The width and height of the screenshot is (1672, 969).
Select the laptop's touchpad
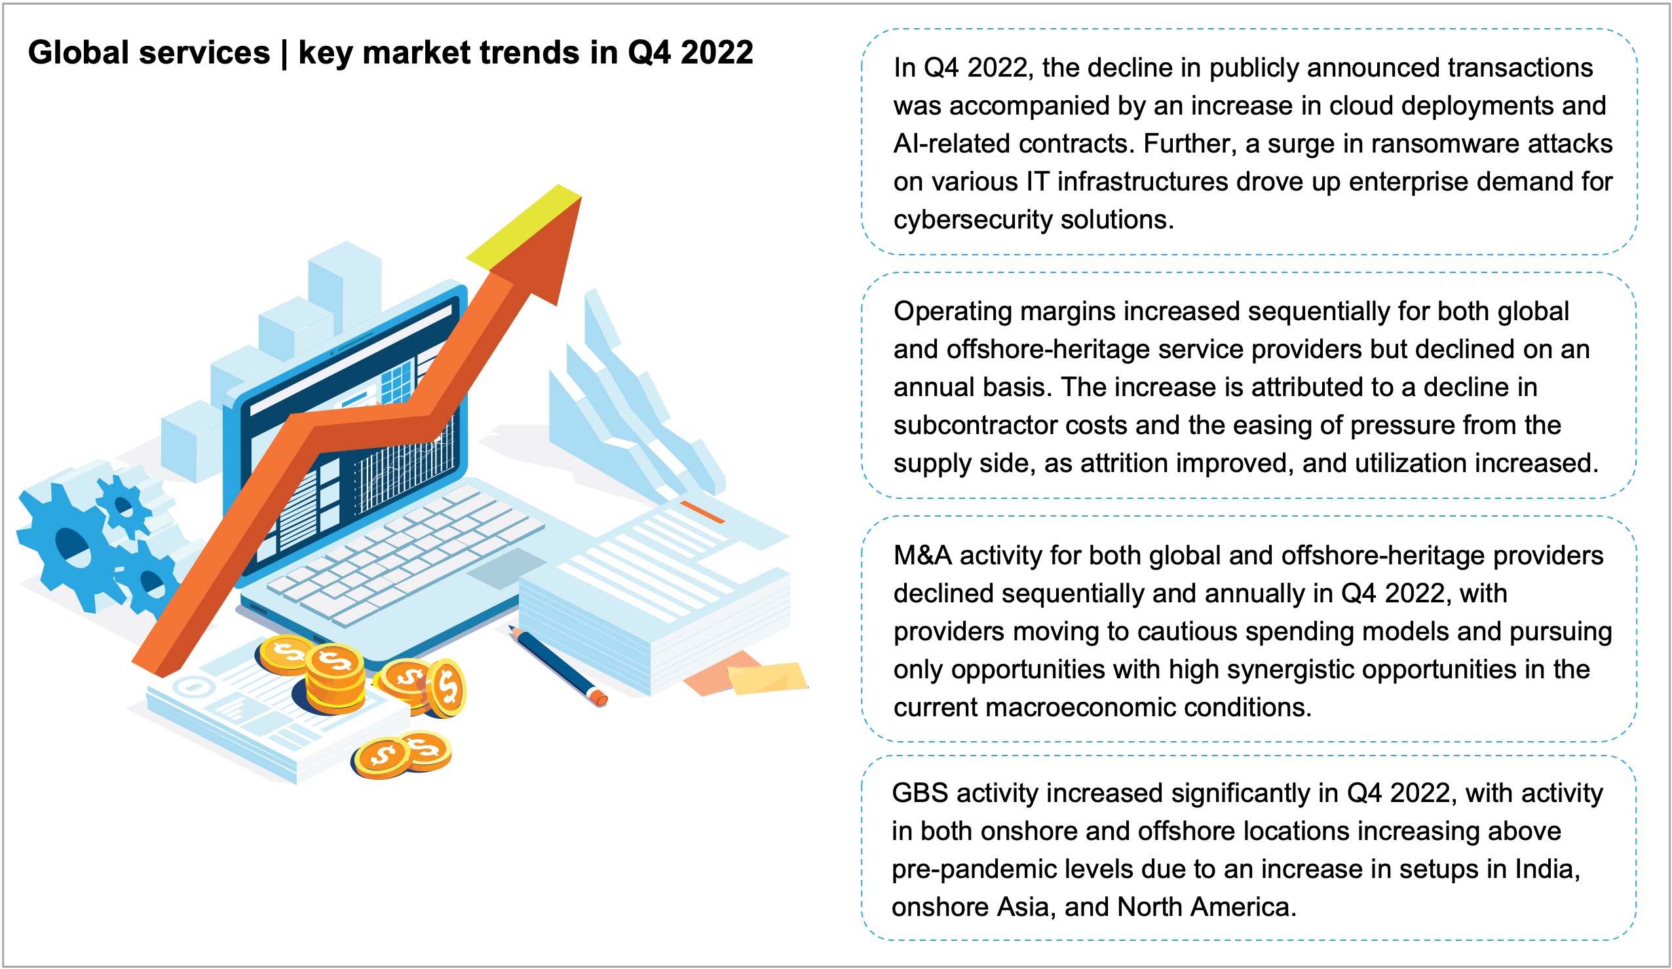[508, 568]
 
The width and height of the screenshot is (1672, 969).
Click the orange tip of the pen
[598, 698]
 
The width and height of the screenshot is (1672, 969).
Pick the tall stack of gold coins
[335, 680]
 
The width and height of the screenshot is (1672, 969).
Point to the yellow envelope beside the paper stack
[767, 678]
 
